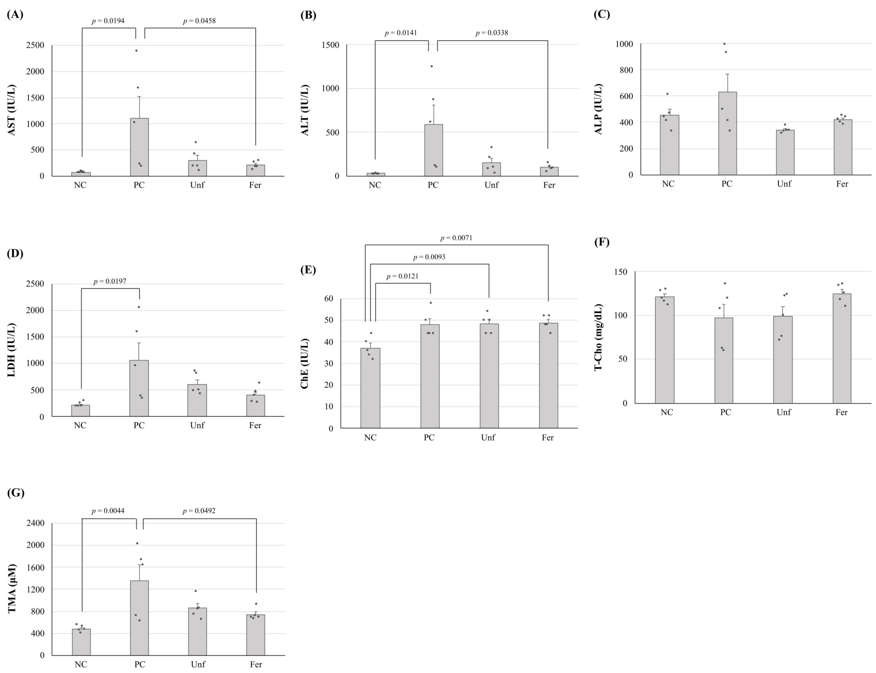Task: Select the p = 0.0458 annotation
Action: (199, 21)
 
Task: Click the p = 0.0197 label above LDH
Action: (110, 281)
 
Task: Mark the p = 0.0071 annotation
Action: (456, 238)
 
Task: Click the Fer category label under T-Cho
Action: (841, 412)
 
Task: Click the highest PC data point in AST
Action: (136, 50)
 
